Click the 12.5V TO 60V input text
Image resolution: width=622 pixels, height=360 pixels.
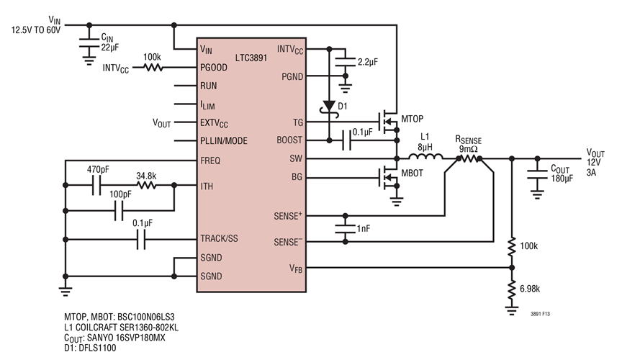click(36, 30)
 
